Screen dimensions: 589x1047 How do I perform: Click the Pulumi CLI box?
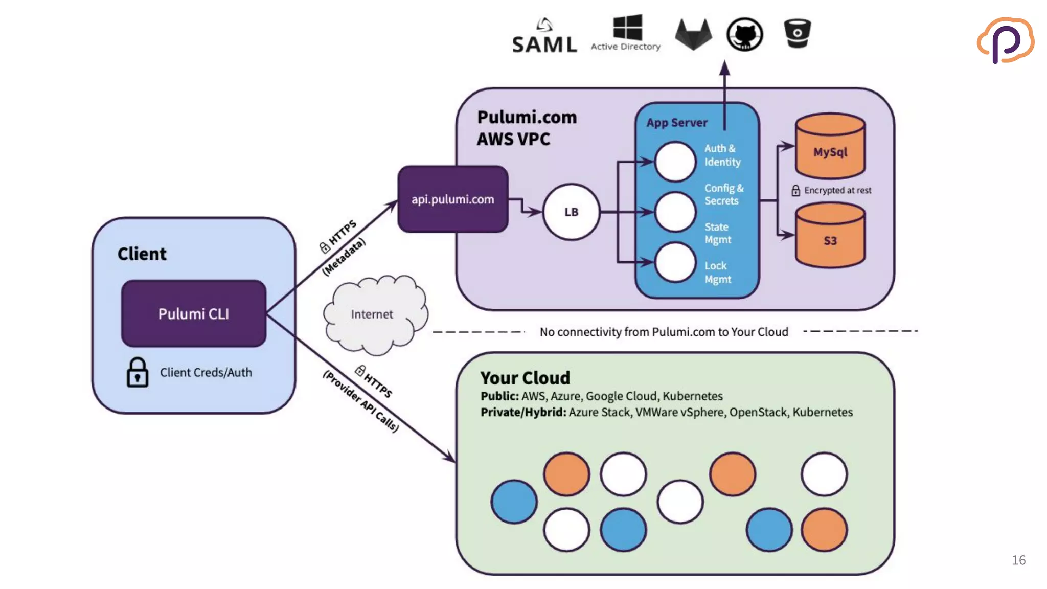pyautogui.click(x=193, y=313)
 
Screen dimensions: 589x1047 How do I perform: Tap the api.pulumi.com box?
pyautogui.click(x=452, y=199)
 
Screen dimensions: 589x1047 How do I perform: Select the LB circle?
pyautogui.click(x=571, y=212)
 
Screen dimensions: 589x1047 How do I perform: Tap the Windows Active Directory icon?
pyautogui.click(x=627, y=28)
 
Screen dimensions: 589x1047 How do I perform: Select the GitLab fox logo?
pyautogui.click(x=693, y=34)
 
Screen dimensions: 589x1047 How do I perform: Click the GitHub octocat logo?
pyautogui.click(x=745, y=34)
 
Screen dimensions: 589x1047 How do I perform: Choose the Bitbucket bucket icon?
pyautogui.click(x=797, y=33)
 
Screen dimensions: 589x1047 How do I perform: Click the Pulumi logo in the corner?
pyautogui.click(x=1005, y=40)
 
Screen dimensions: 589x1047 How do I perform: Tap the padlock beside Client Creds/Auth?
pyautogui.click(x=137, y=372)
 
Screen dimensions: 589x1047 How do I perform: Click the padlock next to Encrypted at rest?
pyautogui.click(x=795, y=191)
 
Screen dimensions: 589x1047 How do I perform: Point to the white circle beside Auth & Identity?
pyautogui.click(x=675, y=162)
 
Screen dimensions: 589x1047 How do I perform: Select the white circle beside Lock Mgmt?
pyautogui.click(x=675, y=263)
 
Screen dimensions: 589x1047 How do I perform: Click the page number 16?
pyautogui.click(x=1018, y=560)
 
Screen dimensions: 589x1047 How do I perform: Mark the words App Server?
pyautogui.click(x=676, y=123)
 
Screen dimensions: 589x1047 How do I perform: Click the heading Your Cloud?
pyautogui.click(x=525, y=378)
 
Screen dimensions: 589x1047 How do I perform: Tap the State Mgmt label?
pyautogui.click(x=718, y=233)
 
